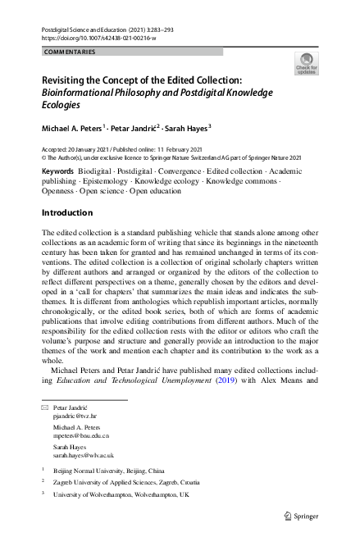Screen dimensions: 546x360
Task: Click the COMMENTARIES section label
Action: [x=70, y=52]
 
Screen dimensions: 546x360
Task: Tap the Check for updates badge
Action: [x=307, y=64]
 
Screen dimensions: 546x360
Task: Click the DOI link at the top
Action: [x=98, y=38]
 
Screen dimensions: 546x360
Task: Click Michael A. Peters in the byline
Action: [x=73, y=129]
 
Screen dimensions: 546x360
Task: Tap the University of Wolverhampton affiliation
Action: [x=121, y=495]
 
